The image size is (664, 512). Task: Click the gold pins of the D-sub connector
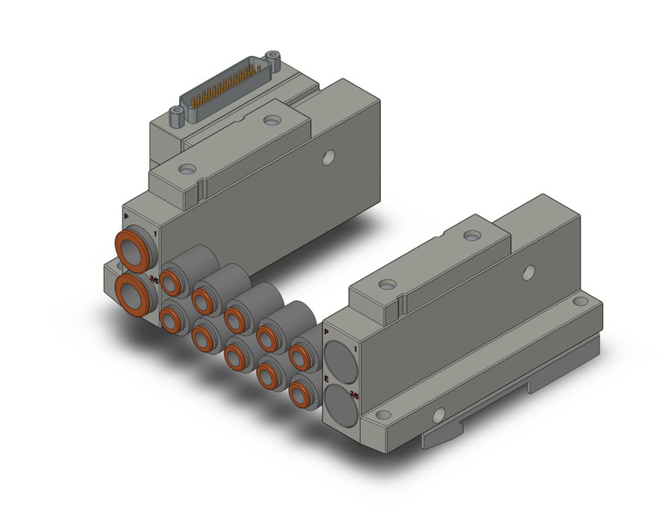pyautogui.click(x=225, y=92)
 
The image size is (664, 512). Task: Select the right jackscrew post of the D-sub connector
pyautogui.click(x=273, y=62)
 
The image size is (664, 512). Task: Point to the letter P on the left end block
pyautogui.click(x=126, y=216)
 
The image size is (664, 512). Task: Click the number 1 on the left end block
pyautogui.click(x=156, y=233)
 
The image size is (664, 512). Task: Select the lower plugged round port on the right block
pyautogui.click(x=340, y=404)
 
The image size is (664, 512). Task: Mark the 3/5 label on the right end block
pyautogui.click(x=354, y=394)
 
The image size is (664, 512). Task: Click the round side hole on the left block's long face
pyautogui.click(x=329, y=158)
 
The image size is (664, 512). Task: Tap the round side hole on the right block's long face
pyautogui.click(x=528, y=273)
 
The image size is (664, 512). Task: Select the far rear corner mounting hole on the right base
pyautogui.click(x=581, y=302)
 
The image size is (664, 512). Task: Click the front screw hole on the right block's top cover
pyautogui.click(x=387, y=286)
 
